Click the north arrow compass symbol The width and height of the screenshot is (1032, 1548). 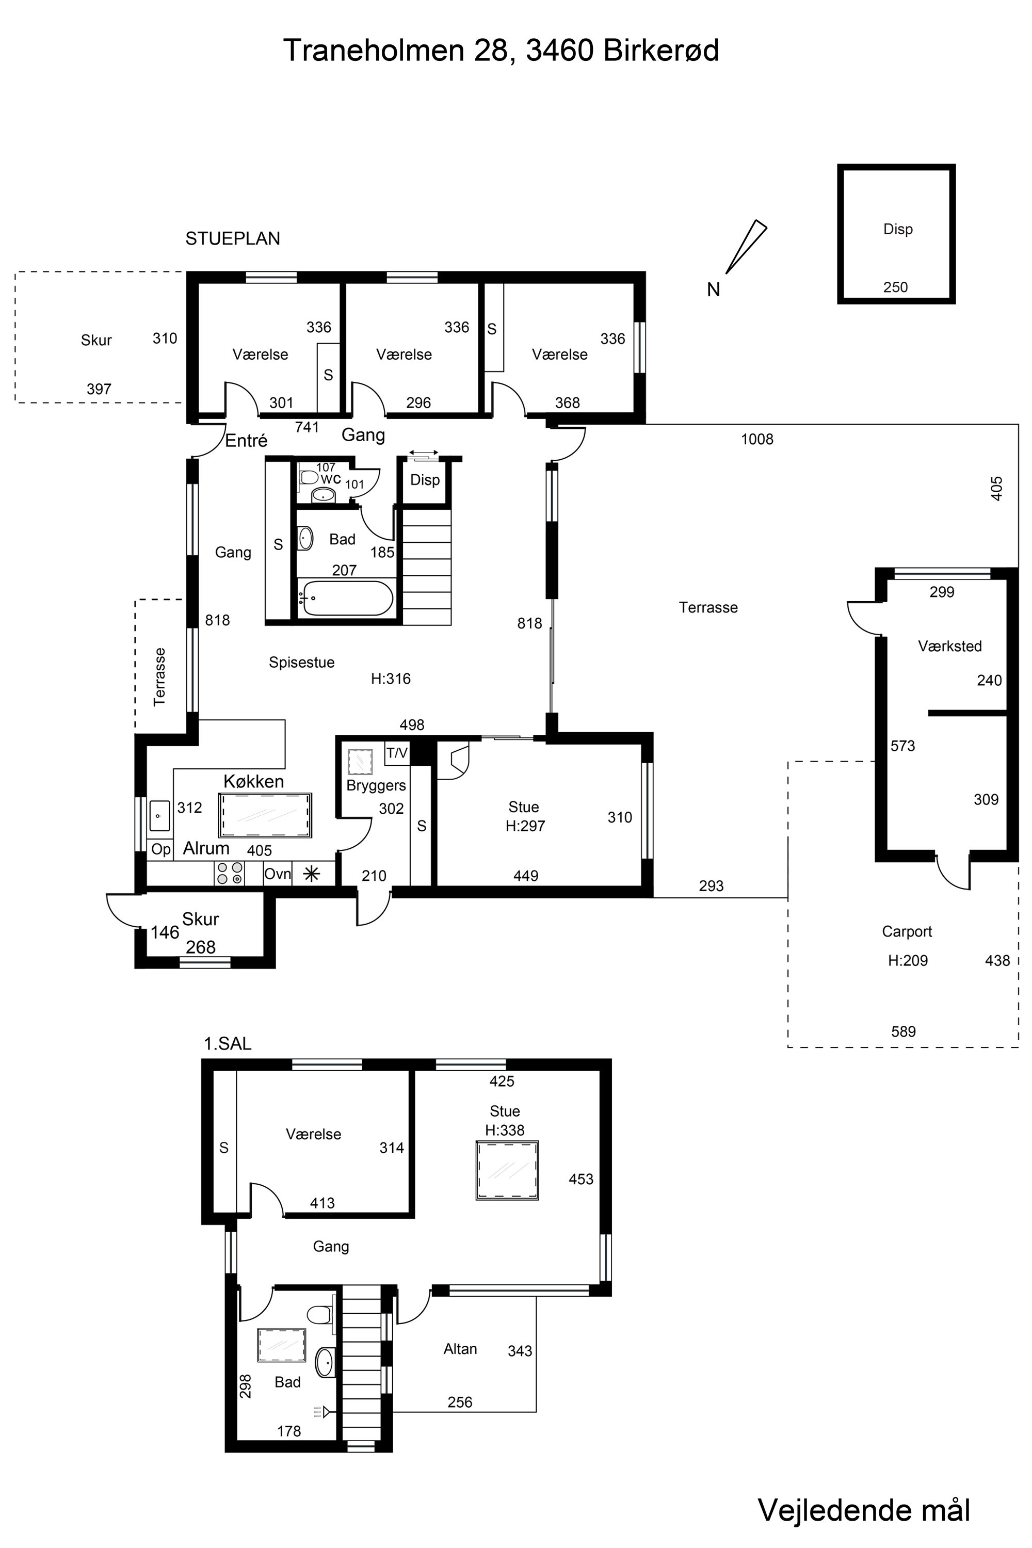pyautogui.click(x=746, y=247)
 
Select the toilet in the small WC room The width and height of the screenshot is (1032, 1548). pyautogui.click(x=308, y=476)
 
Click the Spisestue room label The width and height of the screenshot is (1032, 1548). pyautogui.click(x=301, y=662)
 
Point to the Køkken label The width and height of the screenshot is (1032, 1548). pyautogui.click(x=253, y=781)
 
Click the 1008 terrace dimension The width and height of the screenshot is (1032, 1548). pyautogui.click(x=757, y=439)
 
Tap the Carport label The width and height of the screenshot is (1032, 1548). pyautogui.click(x=907, y=931)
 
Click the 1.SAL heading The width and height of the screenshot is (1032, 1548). pyautogui.click(x=227, y=1043)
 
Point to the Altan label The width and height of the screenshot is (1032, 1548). pyautogui.click(x=460, y=1349)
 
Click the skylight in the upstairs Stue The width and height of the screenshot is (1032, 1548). pyautogui.click(x=507, y=1171)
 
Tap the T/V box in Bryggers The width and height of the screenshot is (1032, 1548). pyautogui.click(x=397, y=753)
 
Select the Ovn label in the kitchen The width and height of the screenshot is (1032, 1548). pyautogui.click(x=277, y=874)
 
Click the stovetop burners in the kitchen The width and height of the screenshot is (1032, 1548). pyautogui.click(x=230, y=874)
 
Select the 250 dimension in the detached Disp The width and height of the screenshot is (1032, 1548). pyautogui.click(x=895, y=287)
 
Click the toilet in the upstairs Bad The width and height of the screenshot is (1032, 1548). pyautogui.click(x=319, y=1314)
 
